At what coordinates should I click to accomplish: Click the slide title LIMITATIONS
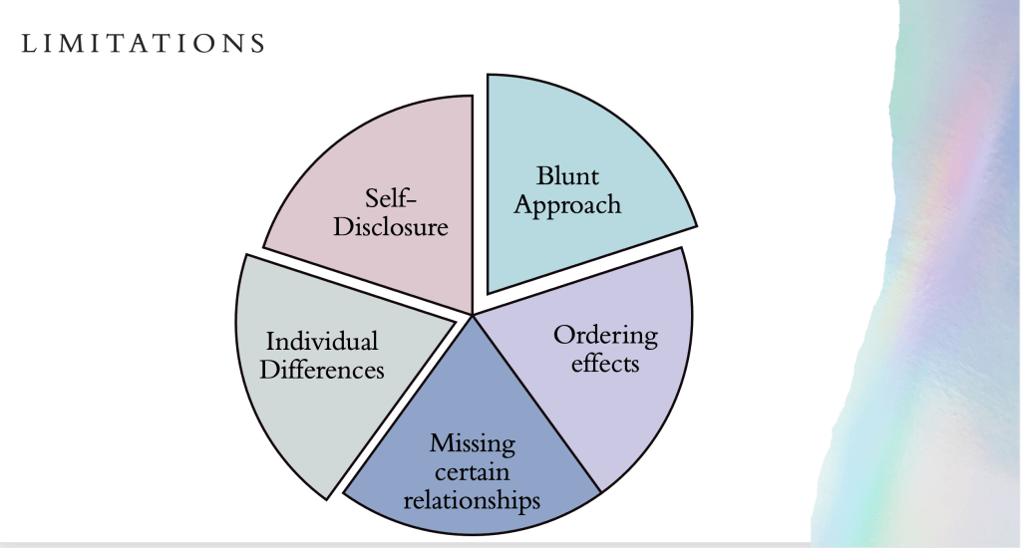(x=142, y=43)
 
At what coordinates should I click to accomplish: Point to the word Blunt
(x=568, y=176)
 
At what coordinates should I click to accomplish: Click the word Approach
(x=568, y=205)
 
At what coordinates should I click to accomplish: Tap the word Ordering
(x=606, y=335)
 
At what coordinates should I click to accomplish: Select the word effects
(x=605, y=363)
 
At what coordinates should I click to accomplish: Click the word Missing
(x=473, y=441)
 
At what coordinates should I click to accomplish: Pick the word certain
(x=473, y=469)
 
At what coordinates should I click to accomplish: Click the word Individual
(x=321, y=342)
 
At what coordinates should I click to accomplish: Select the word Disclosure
(x=391, y=226)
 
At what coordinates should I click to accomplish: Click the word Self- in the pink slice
(x=391, y=198)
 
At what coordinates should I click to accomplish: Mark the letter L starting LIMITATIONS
(x=27, y=43)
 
